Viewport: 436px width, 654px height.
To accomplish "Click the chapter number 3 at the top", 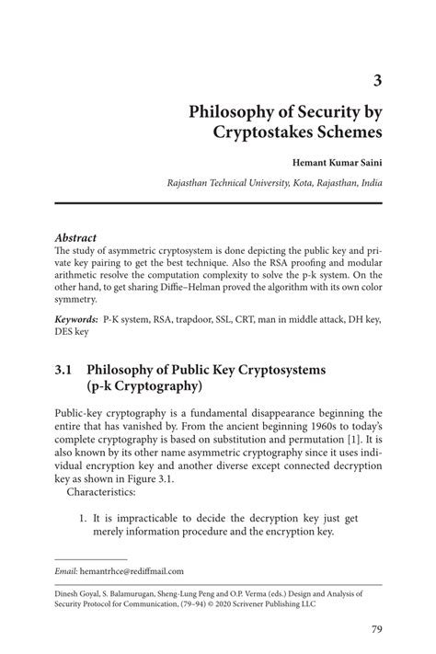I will click(377, 80).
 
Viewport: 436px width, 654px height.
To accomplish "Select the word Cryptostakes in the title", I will click(265, 134).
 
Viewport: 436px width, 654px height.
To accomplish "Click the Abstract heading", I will click(76, 237).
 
